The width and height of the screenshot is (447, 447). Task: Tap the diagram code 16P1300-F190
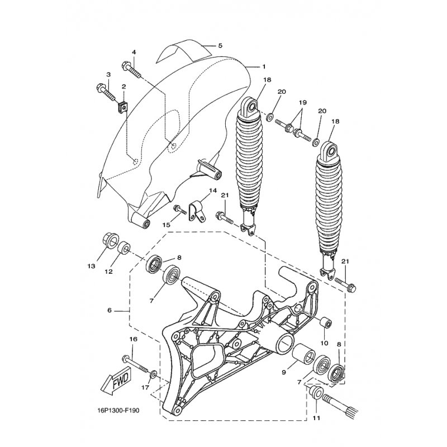pos(118,411)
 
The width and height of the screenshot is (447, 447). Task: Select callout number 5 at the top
pos(220,46)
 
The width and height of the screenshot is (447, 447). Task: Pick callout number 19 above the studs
pos(302,102)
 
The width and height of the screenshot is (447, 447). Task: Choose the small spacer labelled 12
pos(124,247)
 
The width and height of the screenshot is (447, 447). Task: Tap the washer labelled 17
pos(153,374)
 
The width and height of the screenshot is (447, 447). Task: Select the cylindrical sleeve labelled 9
pos(303,354)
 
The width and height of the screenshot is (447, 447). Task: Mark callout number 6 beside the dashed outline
pos(110,310)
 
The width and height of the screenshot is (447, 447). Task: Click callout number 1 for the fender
pos(264,66)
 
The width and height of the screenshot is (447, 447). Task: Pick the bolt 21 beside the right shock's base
pos(345,284)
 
